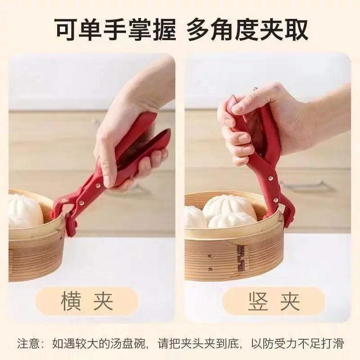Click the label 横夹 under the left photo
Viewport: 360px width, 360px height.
pyautogui.click(x=87, y=301)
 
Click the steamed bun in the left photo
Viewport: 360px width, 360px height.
pyautogui.click(x=25, y=211)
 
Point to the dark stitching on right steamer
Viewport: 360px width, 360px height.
pyautogui.click(x=240, y=257)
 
